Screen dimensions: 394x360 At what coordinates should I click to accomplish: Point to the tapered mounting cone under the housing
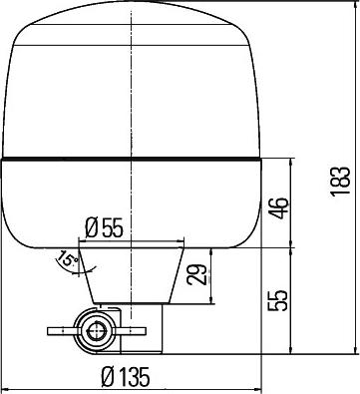[x=133, y=269]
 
